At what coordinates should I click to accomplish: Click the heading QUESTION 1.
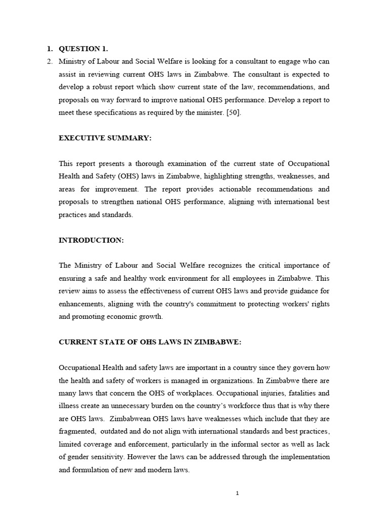point(83,49)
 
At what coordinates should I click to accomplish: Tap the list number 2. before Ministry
point(49,61)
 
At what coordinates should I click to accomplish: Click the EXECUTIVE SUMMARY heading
point(105,138)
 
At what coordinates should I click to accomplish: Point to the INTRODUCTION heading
point(91,240)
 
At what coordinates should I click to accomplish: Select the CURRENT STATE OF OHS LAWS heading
point(150,342)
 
